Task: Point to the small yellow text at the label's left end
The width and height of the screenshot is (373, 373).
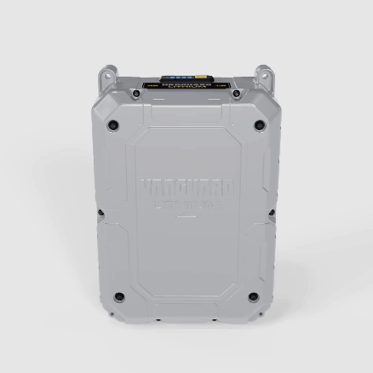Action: (152, 85)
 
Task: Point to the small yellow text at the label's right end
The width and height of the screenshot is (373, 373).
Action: (220, 85)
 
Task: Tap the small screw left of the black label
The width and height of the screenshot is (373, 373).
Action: (136, 92)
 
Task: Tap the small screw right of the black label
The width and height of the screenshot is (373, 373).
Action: (236, 92)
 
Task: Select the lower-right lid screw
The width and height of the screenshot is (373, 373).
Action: (252, 296)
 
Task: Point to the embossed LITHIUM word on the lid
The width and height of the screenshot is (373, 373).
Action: (186, 204)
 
